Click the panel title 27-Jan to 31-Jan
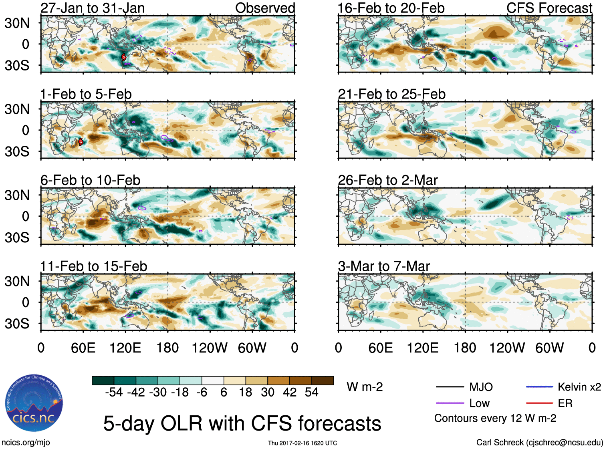click(x=93, y=8)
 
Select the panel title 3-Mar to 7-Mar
click(x=384, y=266)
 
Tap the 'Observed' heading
click(x=265, y=8)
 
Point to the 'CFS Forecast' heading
click(x=549, y=8)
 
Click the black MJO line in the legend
click(x=450, y=387)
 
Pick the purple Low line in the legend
click(x=450, y=403)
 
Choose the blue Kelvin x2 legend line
click(x=539, y=387)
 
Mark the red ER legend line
click(x=539, y=403)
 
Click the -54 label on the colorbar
click(x=114, y=392)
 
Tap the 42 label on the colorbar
click(x=290, y=392)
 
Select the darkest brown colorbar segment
click(x=323, y=381)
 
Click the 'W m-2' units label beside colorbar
click(x=365, y=387)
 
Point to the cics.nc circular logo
click(x=34, y=403)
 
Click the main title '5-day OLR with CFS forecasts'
click(x=242, y=423)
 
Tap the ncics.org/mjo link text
click(x=26, y=442)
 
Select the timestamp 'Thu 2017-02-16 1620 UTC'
click(x=302, y=443)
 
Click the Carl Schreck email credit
click(x=539, y=442)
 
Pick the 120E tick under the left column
click(x=125, y=348)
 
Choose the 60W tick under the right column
click(x=549, y=348)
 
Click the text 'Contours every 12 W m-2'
click(x=495, y=418)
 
